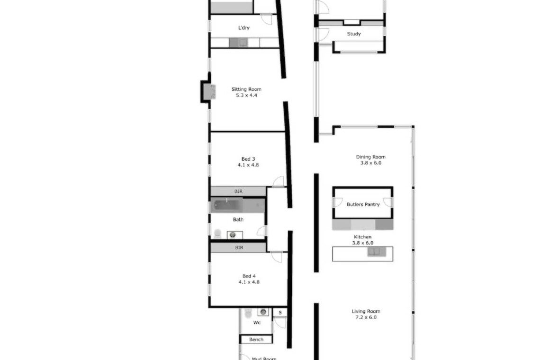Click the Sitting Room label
pos(246,89)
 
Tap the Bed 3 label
pos(248,159)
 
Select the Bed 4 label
pos(249,276)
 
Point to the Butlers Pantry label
pos(363,204)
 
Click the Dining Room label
pos(370,157)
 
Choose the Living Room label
pos(366,311)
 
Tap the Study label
pos(354,34)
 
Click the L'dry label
pos(244,27)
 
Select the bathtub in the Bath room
pos(226,205)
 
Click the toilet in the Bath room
pos(217,234)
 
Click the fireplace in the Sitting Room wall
pos(209,91)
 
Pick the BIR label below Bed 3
pos(238,191)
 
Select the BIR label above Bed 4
pos(239,248)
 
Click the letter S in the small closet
pos(280,313)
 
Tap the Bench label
pos(256,340)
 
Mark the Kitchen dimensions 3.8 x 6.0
pos(363,243)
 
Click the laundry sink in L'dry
pos(238,43)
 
